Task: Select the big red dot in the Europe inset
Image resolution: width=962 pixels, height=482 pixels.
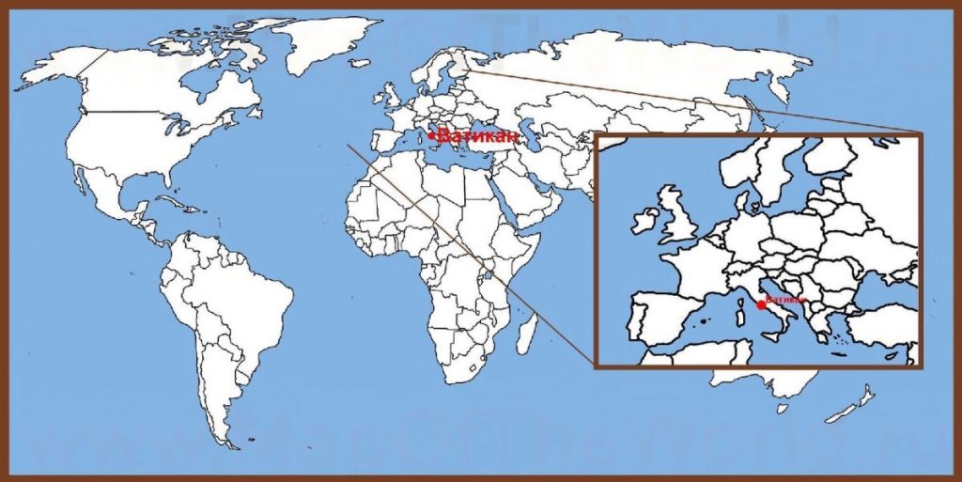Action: [760, 304]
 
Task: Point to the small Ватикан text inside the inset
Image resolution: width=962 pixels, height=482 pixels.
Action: [785, 300]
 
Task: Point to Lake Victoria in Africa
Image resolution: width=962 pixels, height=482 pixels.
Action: [488, 274]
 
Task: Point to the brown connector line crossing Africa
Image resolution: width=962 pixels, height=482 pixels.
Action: [442, 226]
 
